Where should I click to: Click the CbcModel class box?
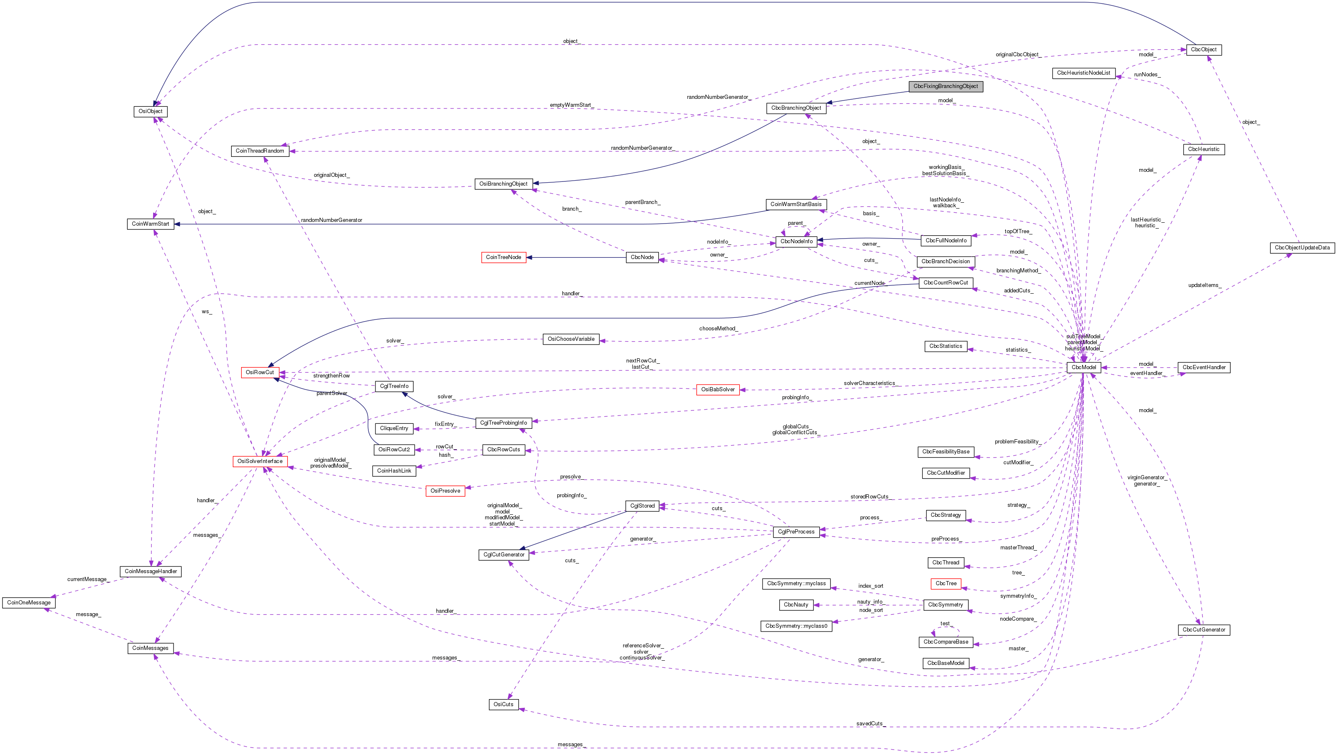point(1084,367)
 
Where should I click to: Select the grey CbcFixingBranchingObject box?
point(945,87)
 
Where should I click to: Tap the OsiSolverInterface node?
point(260,461)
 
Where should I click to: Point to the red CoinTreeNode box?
point(504,257)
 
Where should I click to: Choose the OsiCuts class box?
point(504,705)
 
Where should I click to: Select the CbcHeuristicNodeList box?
point(1084,73)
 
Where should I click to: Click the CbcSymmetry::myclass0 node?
point(796,626)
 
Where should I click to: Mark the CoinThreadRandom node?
point(260,151)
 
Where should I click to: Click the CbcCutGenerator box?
point(1204,630)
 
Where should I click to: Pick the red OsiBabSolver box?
point(718,390)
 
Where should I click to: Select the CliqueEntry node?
point(394,429)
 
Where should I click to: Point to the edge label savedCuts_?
point(869,724)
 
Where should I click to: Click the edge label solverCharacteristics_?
point(870,383)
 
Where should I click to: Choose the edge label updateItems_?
point(1204,285)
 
